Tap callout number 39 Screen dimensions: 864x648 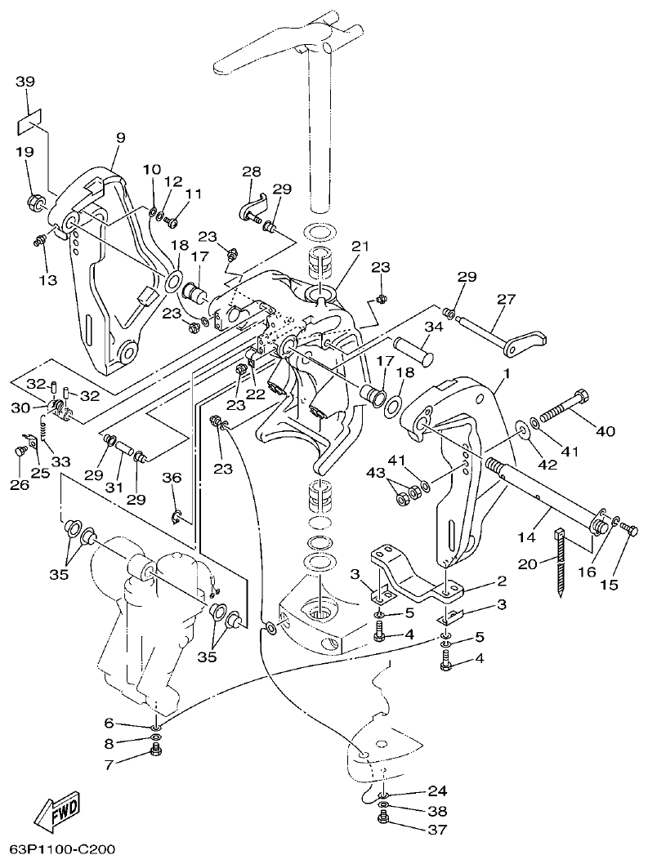click(x=25, y=82)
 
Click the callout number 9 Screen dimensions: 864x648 click(x=119, y=139)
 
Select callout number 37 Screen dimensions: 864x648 click(x=438, y=831)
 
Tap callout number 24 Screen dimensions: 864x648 click(x=438, y=791)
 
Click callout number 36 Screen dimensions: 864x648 click(x=171, y=478)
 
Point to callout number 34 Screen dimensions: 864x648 click(x=432, y=327)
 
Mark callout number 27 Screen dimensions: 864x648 click(x=507, y=300)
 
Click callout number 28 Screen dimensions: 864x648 click(x=251, y=171)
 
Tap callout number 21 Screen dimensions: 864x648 click(x=361, y=246)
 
